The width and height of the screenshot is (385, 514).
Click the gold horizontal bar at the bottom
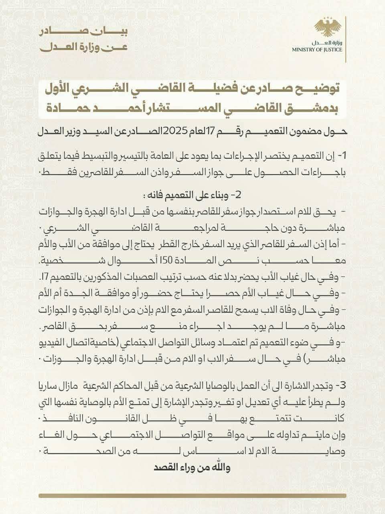[x=192, y=496]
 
